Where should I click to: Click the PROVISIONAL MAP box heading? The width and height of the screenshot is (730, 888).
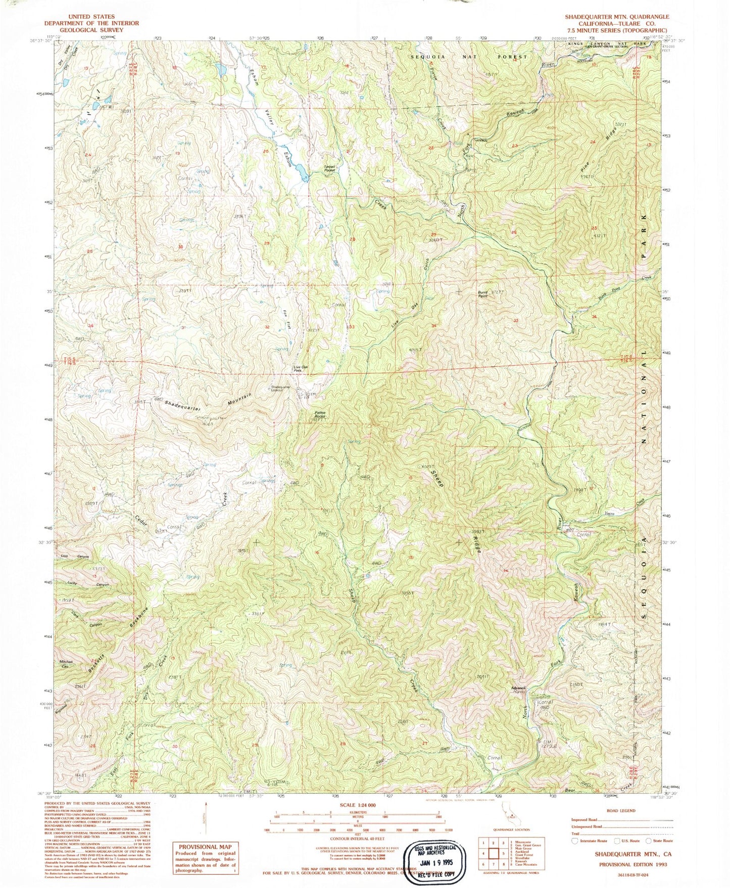coord(205,846)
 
